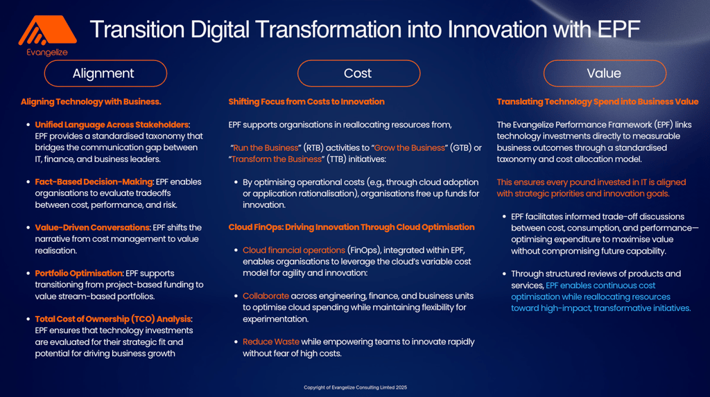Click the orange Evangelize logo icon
48,30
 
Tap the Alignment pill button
105,73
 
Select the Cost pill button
358,73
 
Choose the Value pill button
605,73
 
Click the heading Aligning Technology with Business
91,102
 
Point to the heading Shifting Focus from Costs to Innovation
306,102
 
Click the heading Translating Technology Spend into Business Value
597,102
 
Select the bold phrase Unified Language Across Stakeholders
112,125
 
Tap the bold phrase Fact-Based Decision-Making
94,182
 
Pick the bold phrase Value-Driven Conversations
92,227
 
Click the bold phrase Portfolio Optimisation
79,273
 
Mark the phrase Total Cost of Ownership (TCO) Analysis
113,319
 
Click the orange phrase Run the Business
266,148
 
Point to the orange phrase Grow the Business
409,148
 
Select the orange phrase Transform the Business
276,159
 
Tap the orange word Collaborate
266,296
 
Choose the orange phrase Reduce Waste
271,342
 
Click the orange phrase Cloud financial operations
294,250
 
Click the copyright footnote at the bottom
356,387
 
